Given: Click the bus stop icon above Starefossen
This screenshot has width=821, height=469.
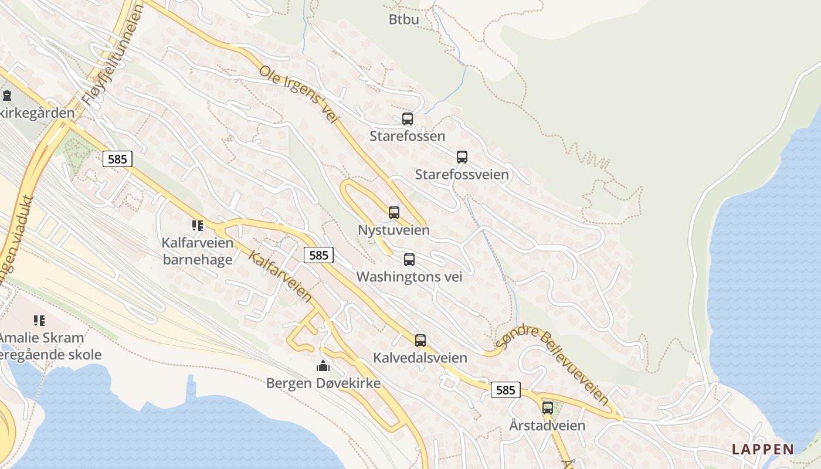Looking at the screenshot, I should point(408,119).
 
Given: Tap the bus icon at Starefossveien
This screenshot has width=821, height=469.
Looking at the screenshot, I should point(462,157).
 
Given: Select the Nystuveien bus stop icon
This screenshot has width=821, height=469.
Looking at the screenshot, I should point(394,213).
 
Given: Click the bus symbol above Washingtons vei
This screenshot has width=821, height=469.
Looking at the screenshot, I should point(409,259).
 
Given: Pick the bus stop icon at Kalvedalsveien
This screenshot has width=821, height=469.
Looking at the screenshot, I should point(420,340).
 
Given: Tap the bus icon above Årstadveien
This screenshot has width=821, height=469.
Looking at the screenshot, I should point(548,408).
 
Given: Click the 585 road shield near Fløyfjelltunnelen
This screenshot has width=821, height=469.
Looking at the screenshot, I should point(117,159).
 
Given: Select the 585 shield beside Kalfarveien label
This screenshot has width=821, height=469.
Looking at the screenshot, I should point(318,255).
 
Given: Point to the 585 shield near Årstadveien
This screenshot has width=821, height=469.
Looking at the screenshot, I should point(506,390).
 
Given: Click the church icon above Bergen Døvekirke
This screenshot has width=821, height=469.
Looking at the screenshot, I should point(323,366).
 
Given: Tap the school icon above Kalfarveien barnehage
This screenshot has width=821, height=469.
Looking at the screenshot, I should point(197,225).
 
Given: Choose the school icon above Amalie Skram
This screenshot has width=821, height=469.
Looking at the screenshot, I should point(39,320).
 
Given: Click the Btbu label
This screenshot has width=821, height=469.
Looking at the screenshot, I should point(404,19).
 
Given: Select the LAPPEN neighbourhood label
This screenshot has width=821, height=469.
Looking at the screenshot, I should point(763,450).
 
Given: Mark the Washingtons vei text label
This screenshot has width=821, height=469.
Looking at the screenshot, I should point(409,277).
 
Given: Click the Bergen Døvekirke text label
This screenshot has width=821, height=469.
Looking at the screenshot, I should point(323,383).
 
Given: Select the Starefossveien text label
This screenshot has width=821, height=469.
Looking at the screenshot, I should point(462,175).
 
